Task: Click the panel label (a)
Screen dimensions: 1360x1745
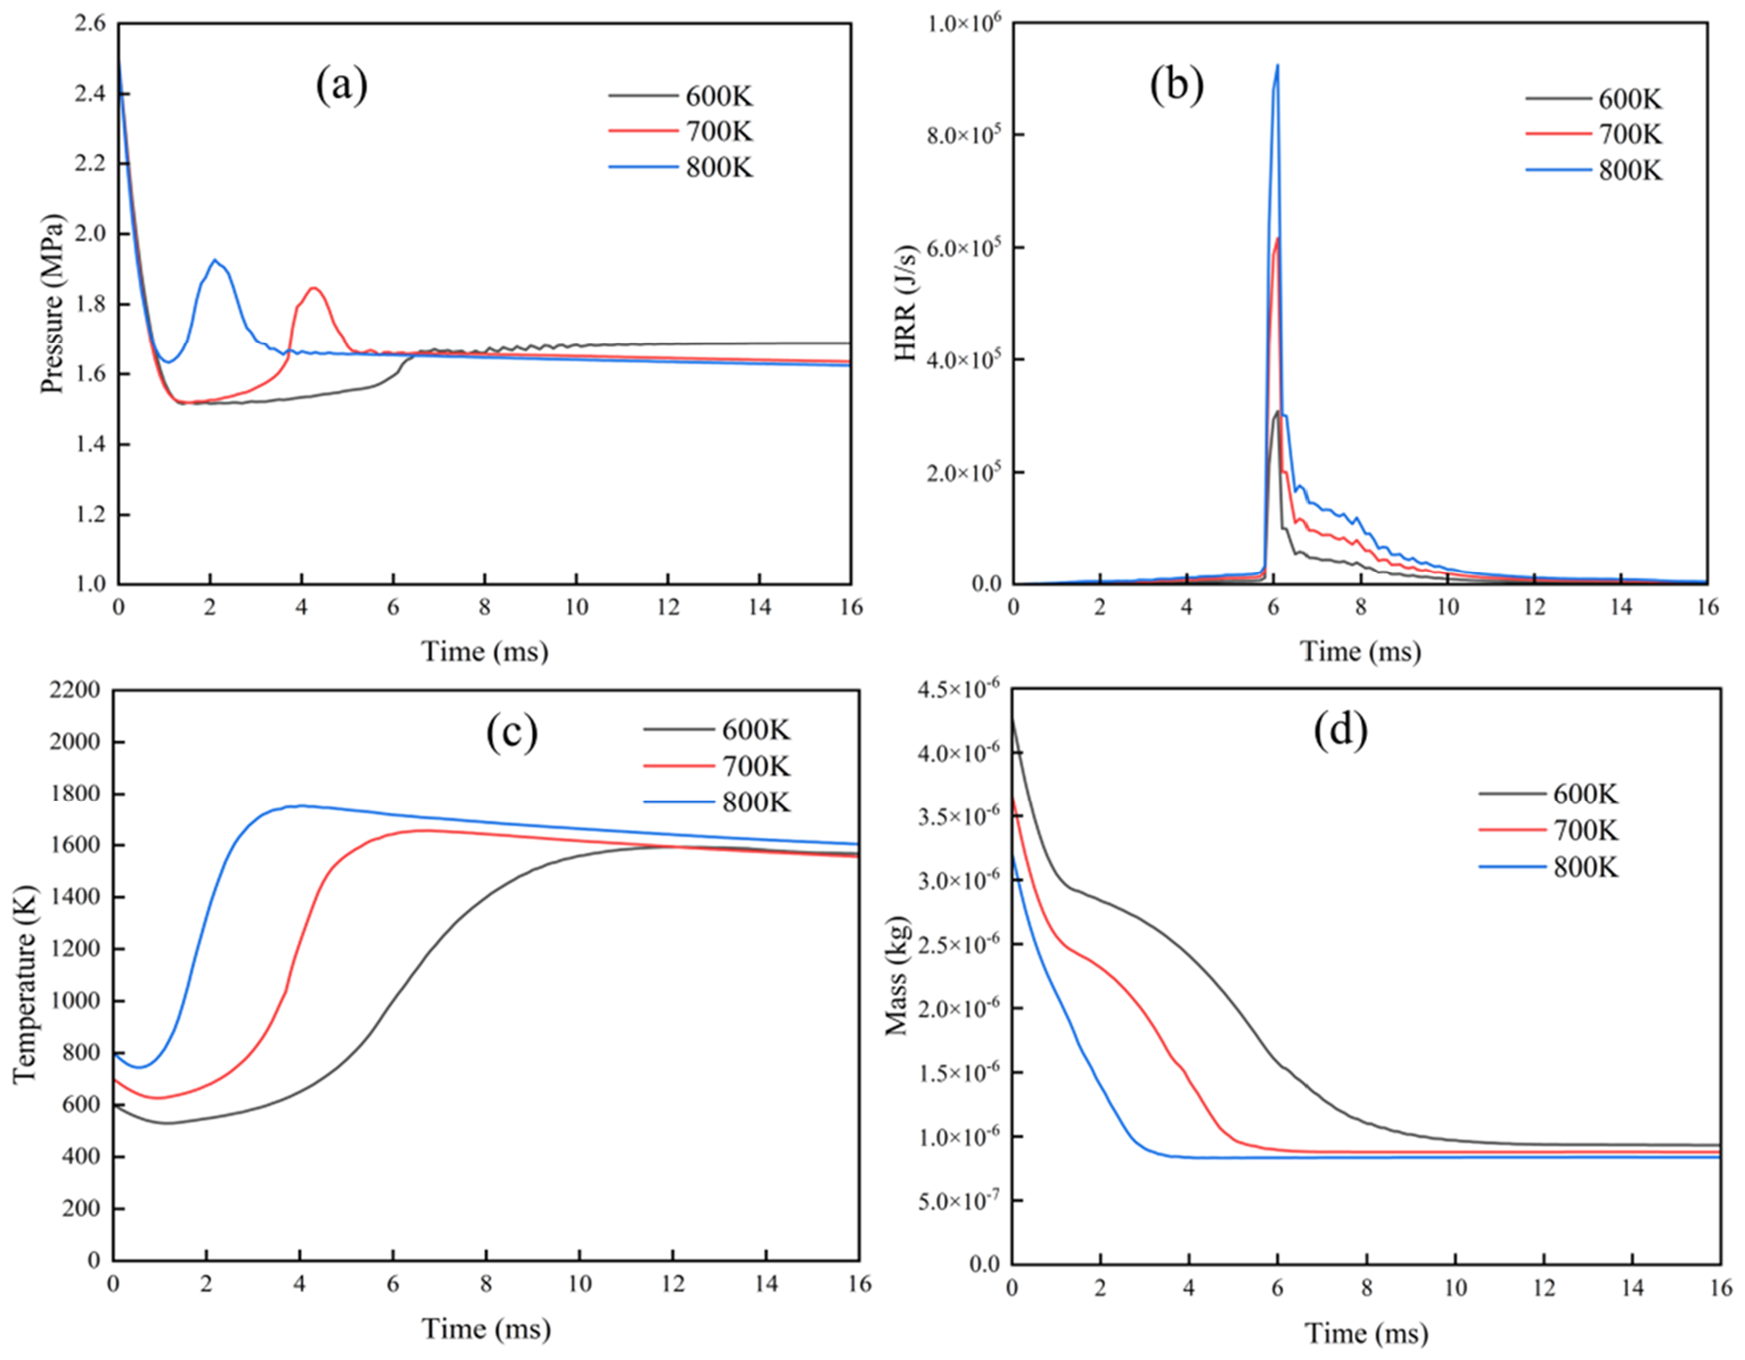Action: pos(341,86)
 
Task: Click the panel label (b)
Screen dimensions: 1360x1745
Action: pos(1176,86)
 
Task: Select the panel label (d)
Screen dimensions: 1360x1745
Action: pos(1341,730)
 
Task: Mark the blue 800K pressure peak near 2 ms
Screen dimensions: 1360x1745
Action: pos(214,260)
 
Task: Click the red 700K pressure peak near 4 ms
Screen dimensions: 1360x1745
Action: pos(314,287)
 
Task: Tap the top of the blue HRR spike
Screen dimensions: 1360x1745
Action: pos(1277,65)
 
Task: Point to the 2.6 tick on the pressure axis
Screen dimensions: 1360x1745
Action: pos(91,23)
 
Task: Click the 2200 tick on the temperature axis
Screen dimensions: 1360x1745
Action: pos(74,691)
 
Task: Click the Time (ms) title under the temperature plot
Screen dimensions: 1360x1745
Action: pos(485,1329)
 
